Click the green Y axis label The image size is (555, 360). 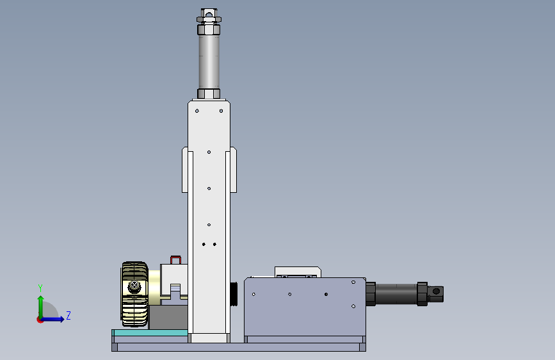pos(40,288)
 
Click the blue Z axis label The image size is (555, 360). pos(68,315)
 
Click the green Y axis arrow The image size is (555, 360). pos(41,307)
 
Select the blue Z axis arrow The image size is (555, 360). pos(52,319)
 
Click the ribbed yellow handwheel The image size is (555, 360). pos(134,294)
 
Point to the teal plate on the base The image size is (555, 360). pos(150,332)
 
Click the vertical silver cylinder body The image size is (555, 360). pos(209,61)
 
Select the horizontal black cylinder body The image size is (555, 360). pos(396,294)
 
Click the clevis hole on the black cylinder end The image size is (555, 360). pos(436,291)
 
